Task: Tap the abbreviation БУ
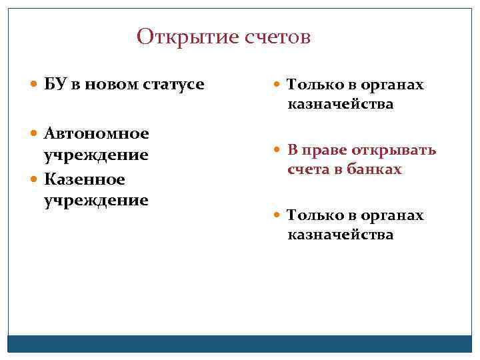(54, 85)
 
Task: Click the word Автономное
(96, 133)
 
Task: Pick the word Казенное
(85, 180)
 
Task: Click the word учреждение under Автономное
(96, 155)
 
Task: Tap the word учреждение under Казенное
(96, 200)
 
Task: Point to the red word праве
(321, 150)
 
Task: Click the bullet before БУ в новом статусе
(35, 85)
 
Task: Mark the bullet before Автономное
(35, 133)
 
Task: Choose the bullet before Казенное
(35, 180)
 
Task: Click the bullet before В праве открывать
(277, 150)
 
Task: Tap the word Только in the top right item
(311, 85)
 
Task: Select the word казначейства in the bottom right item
(340, 235)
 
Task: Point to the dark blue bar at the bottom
(240, 343)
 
